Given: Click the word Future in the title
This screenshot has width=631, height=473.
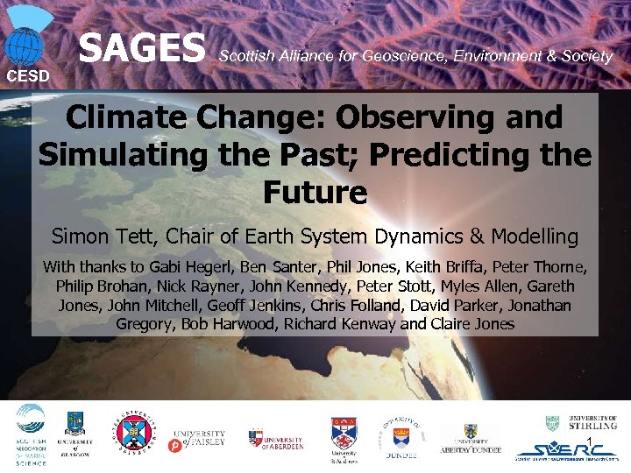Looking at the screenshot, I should click(x=315, y=192).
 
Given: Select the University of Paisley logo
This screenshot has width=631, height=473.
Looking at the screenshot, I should click(x=199, y=438).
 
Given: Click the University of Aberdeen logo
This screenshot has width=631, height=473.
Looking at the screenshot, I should click(x=275, y=438).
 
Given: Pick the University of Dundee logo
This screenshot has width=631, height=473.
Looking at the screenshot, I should click(x=401, y=435).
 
